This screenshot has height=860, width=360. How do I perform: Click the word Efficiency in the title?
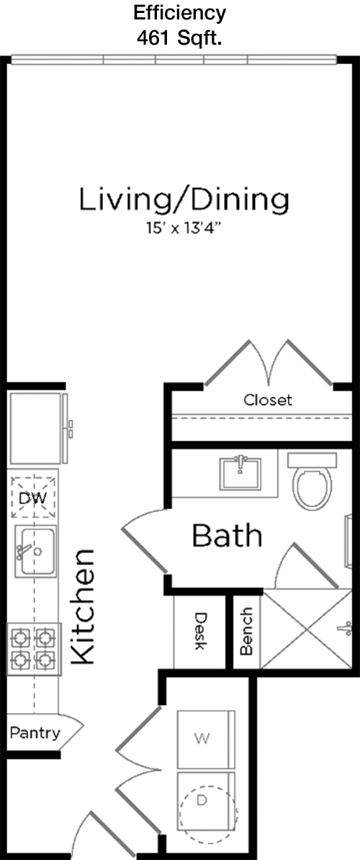[x=180, y=12]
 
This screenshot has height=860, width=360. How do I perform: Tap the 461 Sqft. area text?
[x=179, y=38]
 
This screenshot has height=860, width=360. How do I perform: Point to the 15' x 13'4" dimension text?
[x=183, y=228]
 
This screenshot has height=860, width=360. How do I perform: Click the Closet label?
[x=268, y=400]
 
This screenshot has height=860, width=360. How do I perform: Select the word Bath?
[x=227, y=536]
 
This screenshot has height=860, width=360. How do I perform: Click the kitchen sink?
[x=35, y=551]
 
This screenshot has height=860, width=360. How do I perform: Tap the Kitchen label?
[x=84, y=606]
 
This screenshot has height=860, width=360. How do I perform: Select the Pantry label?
[x=35, y=733]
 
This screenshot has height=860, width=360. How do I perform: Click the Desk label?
[x=201, y=631]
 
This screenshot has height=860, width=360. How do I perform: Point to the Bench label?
[x=246, y=631]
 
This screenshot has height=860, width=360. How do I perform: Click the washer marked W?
[x=206, y=739]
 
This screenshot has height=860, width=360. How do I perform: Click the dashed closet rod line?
[x=263, y=418]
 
